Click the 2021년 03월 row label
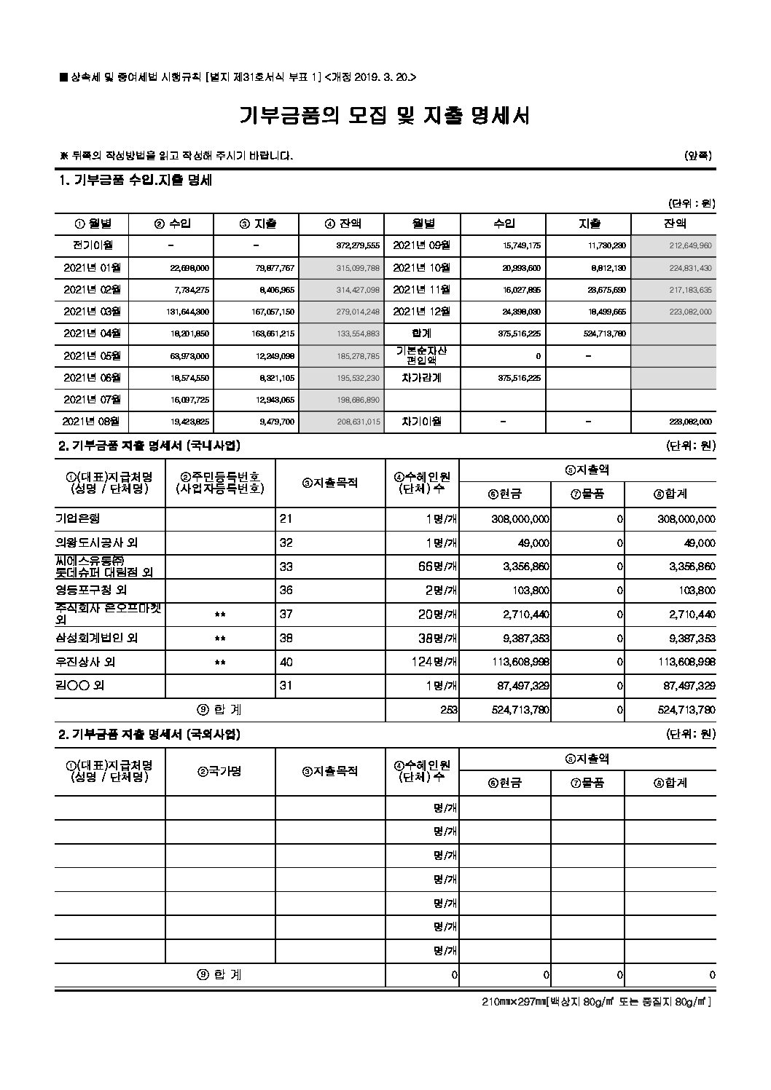coord(92,312)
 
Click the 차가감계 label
coord(422,378)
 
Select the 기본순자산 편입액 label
coord(422,355)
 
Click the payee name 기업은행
coord(77,518)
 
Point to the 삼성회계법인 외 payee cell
coord(97,638)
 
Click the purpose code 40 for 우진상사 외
coord(287,662)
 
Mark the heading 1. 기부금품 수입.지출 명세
coord(135,181)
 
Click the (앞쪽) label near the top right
coord(697,155)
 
